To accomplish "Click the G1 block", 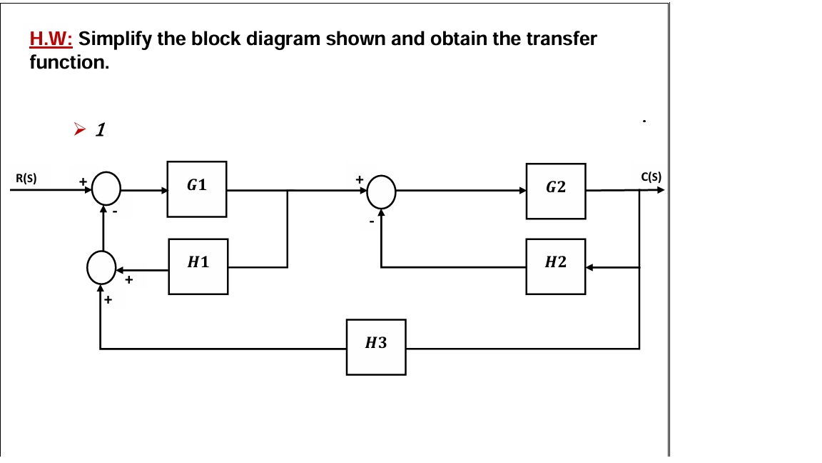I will [x=197, y=189].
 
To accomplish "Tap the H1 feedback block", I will [x=198, y=266].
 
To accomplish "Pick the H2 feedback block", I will [x=556, y=266].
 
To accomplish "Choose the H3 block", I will [x=376, y=347].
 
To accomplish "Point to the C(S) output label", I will [x=651, y=176].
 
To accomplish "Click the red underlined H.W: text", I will [x=51, y=39].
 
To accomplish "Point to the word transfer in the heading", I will [x=561, y=39].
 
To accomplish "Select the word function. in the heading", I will [x=69, y=62].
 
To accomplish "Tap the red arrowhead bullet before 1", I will [x=79, y=129].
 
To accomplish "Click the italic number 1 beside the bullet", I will [x=101, y=129].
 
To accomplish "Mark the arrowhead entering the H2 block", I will [x=590, y=267].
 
